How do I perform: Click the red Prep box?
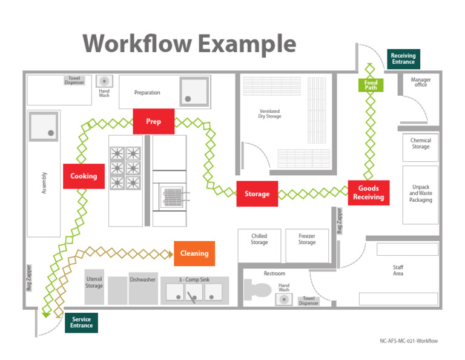pyautogui.click(x=154, y=121)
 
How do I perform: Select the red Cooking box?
pyautogui.click(x=84, y=176)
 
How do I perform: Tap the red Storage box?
pyautogui.click(x=257, y=194)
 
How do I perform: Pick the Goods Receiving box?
pyautogui.click(x=369, y=193)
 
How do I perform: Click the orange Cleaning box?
pyautogui.click(x=194, y=253)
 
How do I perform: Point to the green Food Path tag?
pyautogui.click(x=371, y=85)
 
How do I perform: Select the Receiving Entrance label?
pyautogui.click(x=403, y=59)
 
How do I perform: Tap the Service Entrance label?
pyautogui.click(x=82, y=322)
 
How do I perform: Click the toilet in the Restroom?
pyautogui.click(x=257, y=290)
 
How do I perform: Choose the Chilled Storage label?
pyautogui.click(x=259, y=239)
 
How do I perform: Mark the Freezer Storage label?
pyautogui.click(x=307, y=239)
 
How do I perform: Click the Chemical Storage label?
pyautogui.click(x=421, y=144)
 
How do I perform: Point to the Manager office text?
pyautogui.click(x=421, y=82)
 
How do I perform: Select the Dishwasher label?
pyautogui.click(x=143, y=279)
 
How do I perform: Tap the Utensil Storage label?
pyautogui.click(x=94, y=282)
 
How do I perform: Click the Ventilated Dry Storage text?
pyautogui.click(x=269, y=114)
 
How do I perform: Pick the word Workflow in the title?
pyautogui.click(x=137, y=44)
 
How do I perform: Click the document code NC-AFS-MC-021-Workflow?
pyautogui.click(x=409, y=341)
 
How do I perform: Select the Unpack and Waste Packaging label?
pyautogui.click(x=421, y=193)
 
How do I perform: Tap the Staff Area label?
pyautogui.click(x=398, y=270)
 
